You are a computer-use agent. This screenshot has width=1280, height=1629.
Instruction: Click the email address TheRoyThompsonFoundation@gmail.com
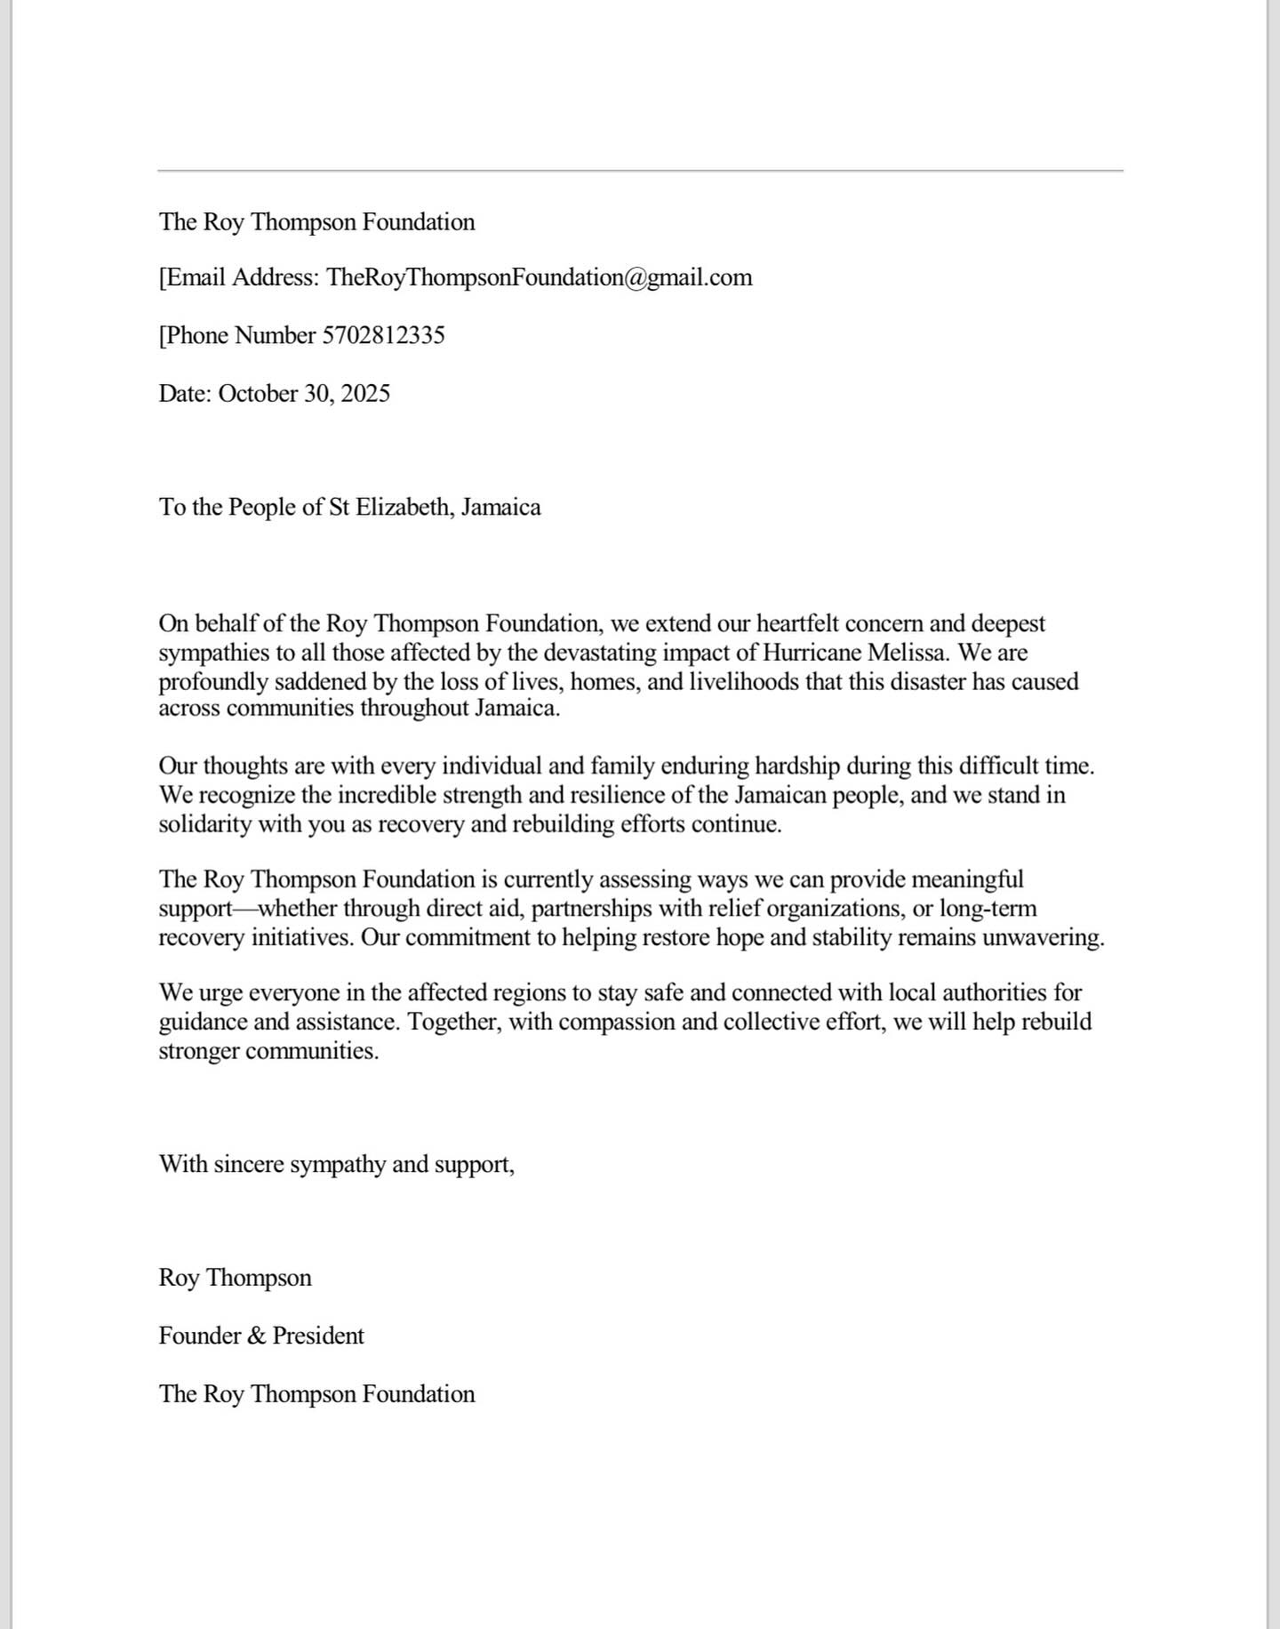click(x=540, y=277)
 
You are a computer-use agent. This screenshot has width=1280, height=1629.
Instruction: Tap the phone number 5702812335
click(x=383, y=335)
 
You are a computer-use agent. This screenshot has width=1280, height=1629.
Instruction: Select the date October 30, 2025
click(x=304, y=393)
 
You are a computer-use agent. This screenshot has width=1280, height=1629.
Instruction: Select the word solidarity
click(x=205, y=824)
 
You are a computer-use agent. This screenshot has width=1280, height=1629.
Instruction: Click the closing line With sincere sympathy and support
click(x=336, y=1164)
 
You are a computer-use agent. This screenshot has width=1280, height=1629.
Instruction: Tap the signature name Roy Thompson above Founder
click(x=235, y=1278)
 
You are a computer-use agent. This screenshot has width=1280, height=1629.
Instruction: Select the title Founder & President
click(x=261, y=1336)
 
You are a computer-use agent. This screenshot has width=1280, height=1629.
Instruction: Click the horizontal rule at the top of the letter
click(x=640, y=170)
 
